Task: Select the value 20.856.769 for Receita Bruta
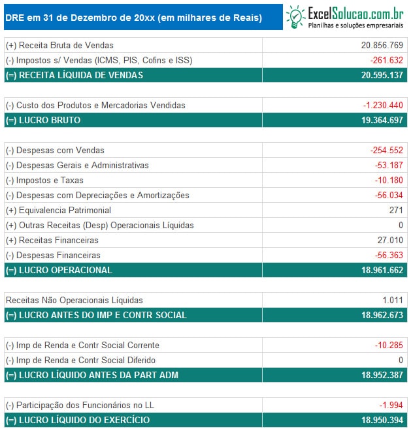(382, 45)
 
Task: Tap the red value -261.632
(386, 60)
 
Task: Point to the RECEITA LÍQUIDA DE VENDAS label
(74, 75)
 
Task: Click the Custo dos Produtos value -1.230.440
(383, 105)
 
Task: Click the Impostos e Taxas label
(44, 180)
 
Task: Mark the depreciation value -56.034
(389, 195)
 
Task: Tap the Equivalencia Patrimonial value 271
(396, 210)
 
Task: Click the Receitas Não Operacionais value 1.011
(393, 300)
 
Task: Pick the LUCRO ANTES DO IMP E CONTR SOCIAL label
(96, 315)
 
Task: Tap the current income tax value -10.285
(389, 345)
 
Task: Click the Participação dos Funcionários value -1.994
(391, 405)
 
